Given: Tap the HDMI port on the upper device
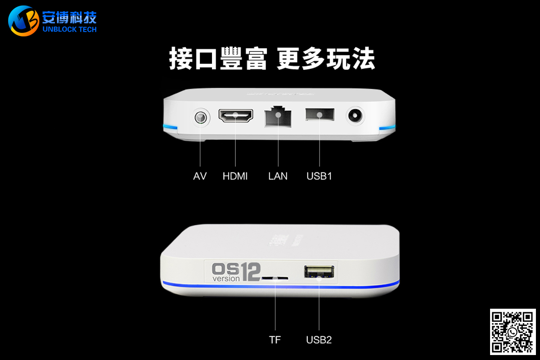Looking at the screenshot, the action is [236, 116].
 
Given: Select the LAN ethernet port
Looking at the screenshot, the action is [278, 117].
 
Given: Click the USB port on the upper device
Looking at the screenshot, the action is [320, 114].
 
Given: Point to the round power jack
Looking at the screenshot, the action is [355, 116].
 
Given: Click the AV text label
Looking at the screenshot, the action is [200, 176].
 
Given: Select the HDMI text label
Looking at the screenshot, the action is [235, 176].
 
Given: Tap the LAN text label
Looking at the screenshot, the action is [278, 176].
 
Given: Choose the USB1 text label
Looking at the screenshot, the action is [319, 176].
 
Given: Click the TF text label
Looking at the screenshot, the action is [275, 340].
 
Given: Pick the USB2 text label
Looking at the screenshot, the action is [319, 340].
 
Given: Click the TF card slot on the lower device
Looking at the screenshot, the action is [275, 278].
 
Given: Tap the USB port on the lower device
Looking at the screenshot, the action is [319, 271].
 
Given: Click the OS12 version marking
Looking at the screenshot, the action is [236, 272].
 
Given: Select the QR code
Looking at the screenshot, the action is [513, 332].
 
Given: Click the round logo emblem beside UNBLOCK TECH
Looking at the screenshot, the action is [23, 21].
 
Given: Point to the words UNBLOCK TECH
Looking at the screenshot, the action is [69, 29].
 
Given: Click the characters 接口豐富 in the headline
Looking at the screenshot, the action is [218, 58].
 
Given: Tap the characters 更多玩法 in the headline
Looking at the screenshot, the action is [326, 58].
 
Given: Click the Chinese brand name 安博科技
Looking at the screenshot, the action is [69, 17].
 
